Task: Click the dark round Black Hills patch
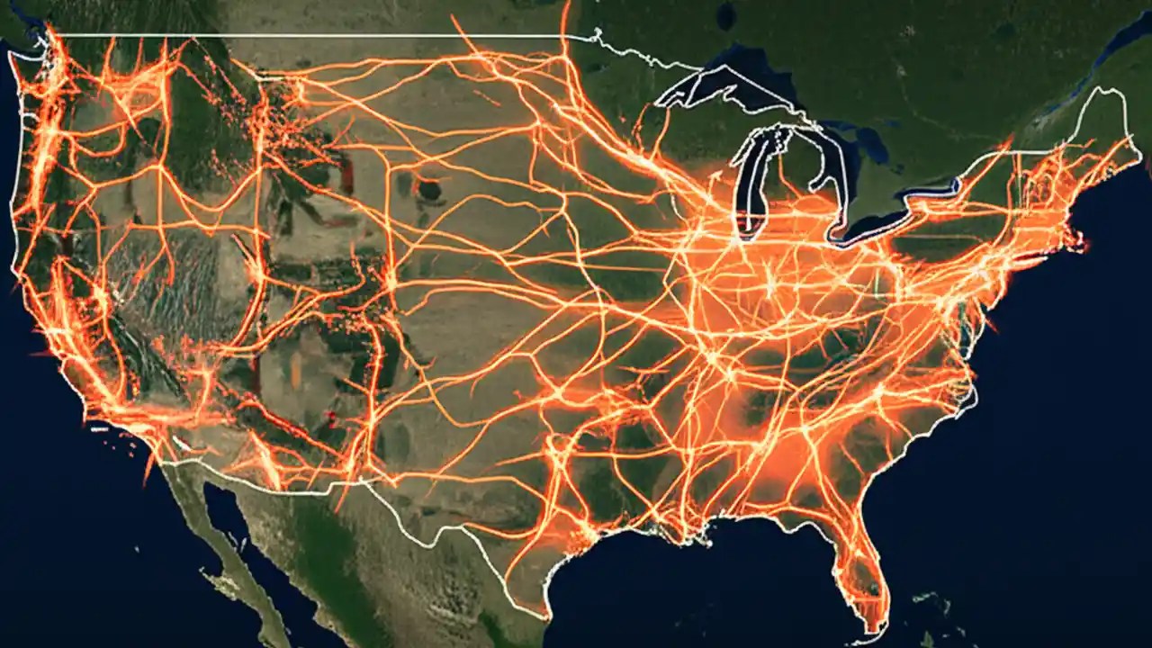(x=430, y=190)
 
